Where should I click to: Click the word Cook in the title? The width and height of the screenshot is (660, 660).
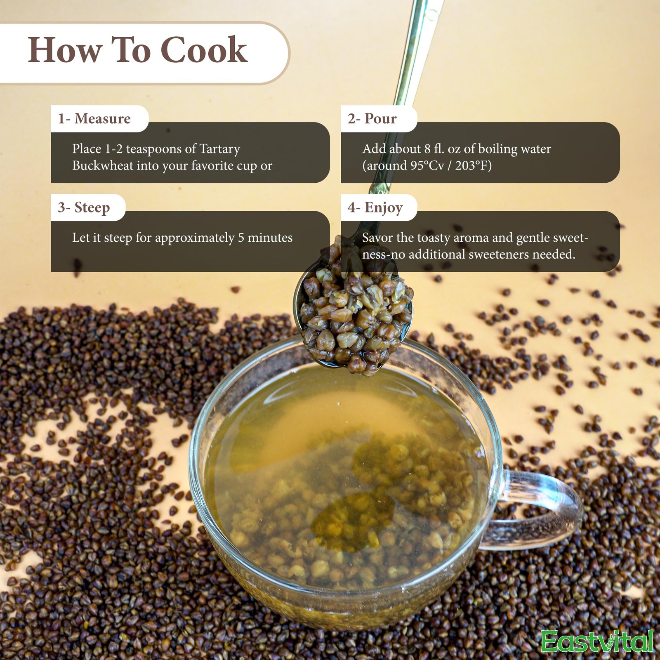[x=204, y=50]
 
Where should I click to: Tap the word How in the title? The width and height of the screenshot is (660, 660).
[x=65, y=50]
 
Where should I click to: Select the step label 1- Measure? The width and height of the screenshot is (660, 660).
[x=94, y=119]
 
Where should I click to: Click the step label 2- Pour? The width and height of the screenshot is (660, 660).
[x=372, y=119]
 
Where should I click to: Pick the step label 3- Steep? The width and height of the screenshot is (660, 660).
[x=84, y=207]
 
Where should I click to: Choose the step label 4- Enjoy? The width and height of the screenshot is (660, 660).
[x=375, y=207]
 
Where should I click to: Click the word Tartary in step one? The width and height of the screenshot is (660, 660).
[x=220, y=149]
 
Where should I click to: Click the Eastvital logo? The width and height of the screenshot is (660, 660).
[x=597, y=642]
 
